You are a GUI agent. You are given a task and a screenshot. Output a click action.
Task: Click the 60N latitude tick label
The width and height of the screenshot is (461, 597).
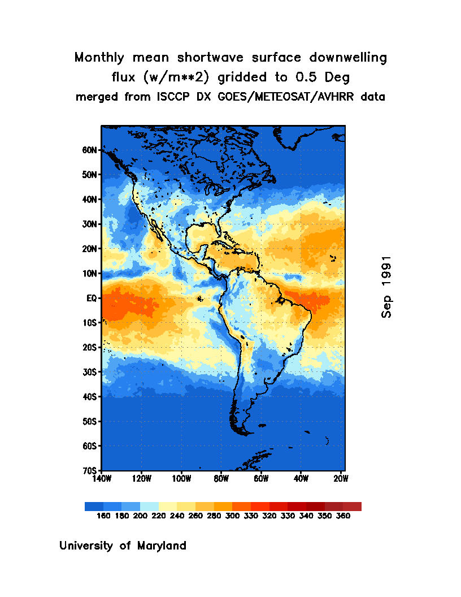[x=90, y=150]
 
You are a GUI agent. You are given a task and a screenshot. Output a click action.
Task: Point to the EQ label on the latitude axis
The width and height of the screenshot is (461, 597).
[x=93, y=298]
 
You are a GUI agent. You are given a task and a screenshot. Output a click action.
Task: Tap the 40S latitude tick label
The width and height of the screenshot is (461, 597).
[x=90, y=397]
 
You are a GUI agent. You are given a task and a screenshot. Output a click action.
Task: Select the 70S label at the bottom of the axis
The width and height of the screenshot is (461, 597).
[x=90, y=470]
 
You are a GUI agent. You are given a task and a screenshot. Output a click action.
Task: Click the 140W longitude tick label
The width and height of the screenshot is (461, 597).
[x=102, y=479]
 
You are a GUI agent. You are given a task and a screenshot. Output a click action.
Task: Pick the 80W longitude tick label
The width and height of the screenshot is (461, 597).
[x=221, y=479]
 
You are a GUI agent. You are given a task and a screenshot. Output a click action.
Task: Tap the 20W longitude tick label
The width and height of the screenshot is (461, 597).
[x=340, y=479]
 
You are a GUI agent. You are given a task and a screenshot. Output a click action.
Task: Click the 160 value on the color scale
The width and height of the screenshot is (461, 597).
[x=103, y=516]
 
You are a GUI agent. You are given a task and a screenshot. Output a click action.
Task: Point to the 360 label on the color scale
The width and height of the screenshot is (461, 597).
[x=343, y=516]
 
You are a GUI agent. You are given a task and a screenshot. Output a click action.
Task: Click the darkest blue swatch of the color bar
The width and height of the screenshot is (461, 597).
[x=94, y=507]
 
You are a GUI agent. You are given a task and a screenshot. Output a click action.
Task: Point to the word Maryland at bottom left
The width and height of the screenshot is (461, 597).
[x=160, y=546]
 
